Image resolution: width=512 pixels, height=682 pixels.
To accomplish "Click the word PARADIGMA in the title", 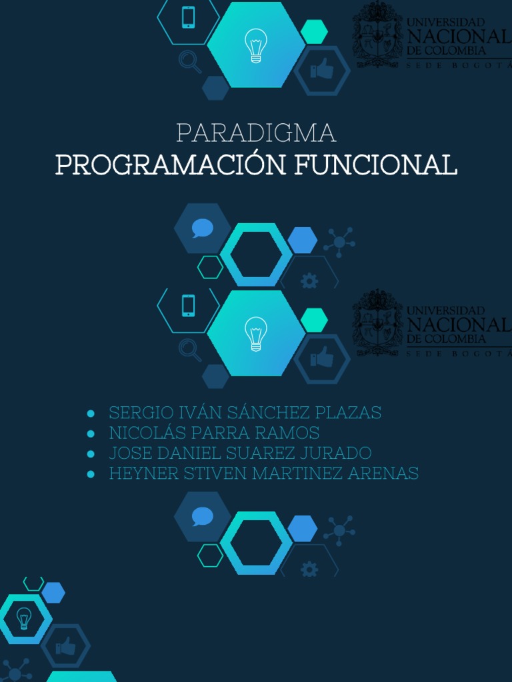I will tap(256, 133).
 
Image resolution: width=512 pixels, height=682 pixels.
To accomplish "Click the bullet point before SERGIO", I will tap(90, 414).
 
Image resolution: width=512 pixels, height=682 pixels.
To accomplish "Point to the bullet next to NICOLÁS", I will tap(90, 434).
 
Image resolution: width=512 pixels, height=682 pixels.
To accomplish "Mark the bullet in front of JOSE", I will tap(90, 454).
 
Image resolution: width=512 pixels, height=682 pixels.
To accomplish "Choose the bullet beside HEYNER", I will tap(90, 474).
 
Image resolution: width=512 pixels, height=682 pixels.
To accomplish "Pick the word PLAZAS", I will tap(353, 413).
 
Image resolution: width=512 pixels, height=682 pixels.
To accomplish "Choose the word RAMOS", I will tap(289, 433).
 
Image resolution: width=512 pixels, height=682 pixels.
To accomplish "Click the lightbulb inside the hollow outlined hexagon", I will tap(24, 619).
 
